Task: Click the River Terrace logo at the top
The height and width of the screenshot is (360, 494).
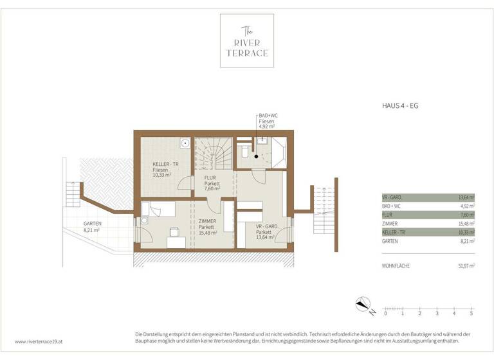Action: pyautogui.click(x=246, y=40)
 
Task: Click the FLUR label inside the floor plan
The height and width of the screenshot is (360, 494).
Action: pyautogui.click(x=210, y=177)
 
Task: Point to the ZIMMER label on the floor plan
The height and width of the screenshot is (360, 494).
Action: pyautogui.click(x=207, y=221)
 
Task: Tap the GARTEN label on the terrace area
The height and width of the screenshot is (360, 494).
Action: pyautogui.click(x=91, y=223)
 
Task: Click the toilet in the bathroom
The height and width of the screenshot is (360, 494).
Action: pyautogui.click(x=244, y=152)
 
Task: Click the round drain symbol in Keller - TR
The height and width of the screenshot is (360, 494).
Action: pyautogui.click(x=185, y=143)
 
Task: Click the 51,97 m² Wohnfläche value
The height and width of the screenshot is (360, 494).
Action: pyautogui.click(x=465, y=265)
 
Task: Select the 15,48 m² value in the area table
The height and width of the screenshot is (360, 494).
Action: pyautogui.click(x=465, y=223)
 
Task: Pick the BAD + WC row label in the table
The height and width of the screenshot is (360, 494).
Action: pyautogui.click(x=390, y=206)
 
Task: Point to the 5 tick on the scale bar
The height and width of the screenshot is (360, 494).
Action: pyautogui.click(x=471, y=313)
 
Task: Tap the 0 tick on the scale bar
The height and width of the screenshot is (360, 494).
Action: pyautogui.click(x=385, y=313)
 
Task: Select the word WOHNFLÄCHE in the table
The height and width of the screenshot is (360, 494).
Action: pyautogui.click(x=396, y=265)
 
